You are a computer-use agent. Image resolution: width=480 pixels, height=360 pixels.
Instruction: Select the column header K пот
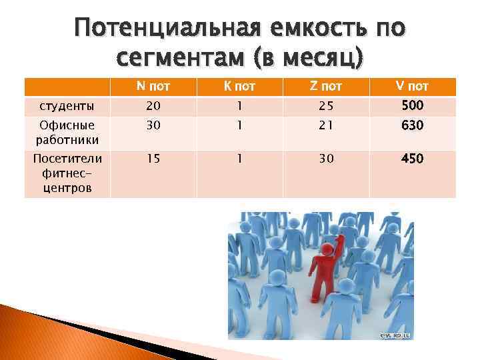point(239,87)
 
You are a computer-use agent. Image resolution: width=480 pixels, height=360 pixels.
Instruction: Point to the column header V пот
point(411,86)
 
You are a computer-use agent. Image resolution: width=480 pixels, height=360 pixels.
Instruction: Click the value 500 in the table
point(411,105)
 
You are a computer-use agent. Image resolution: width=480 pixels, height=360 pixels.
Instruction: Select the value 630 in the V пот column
point(411,125)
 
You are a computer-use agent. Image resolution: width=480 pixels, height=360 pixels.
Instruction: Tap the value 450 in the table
point(411,159)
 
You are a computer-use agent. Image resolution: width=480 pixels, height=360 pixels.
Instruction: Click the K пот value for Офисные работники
point(239,125)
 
